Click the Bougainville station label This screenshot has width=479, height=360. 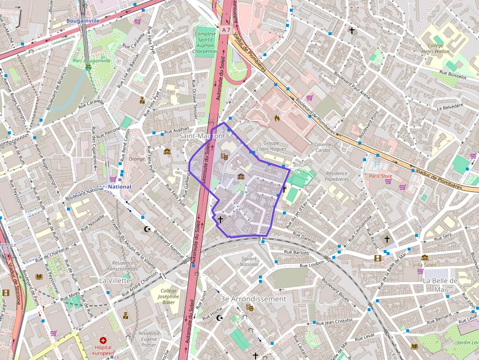pos(83,21)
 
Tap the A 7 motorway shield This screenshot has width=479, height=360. pos(225,30)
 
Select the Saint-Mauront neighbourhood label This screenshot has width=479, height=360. pos(202,136)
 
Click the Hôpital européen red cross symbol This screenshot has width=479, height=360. pos(103,340)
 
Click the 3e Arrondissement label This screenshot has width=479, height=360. pos(253,298)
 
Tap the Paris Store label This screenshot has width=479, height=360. pos(380,176)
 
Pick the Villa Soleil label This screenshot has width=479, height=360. pos(424,265)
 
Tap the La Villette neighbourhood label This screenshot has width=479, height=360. pos(115,280)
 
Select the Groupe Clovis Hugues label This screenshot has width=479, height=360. pos(271,146)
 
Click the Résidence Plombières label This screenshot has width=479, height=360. pos(336,176)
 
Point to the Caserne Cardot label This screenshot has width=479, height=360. pos(323,147)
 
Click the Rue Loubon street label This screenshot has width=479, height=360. pos(312,265)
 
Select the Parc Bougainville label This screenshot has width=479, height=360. pos(92,61)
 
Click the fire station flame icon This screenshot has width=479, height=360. pos(277,118)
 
